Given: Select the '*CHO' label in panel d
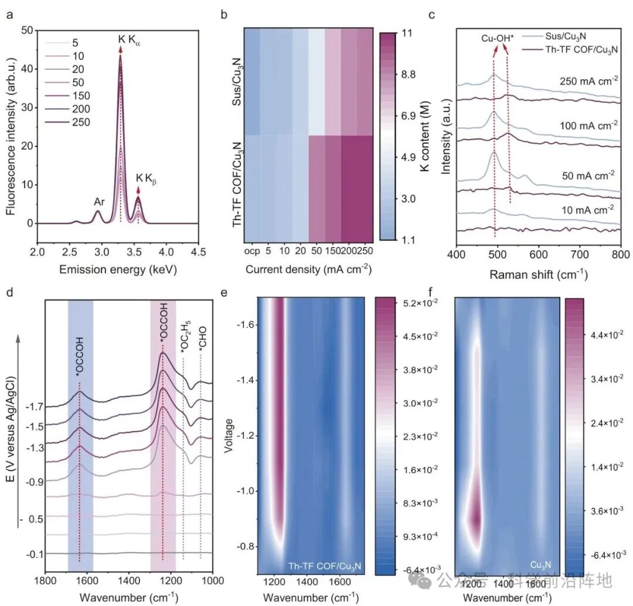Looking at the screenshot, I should [202, 341].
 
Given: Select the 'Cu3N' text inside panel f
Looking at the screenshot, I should [539, 564].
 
